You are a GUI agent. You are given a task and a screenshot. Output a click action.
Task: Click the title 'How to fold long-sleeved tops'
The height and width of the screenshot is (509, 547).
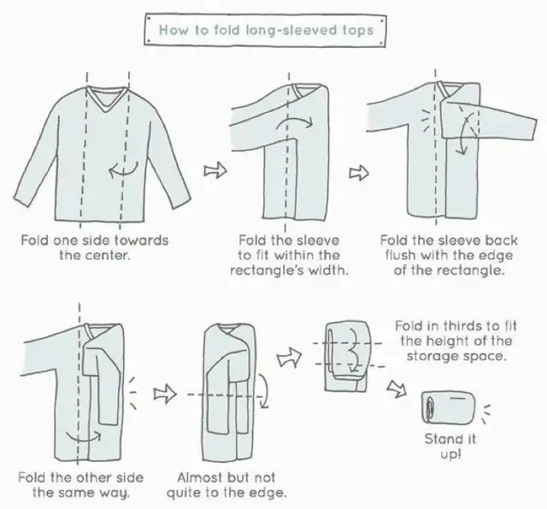tap(266, 30)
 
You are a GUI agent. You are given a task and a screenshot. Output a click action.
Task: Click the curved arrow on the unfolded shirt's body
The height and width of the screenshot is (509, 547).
tap(123, 170)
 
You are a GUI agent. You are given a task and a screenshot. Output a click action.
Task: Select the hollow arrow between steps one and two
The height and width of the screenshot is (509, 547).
tap(215, 170)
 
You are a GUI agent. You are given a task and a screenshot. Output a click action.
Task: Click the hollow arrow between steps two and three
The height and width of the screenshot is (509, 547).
tap(359, 173)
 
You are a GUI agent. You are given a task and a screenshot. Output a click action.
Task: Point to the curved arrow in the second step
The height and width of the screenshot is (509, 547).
tap(295, 122)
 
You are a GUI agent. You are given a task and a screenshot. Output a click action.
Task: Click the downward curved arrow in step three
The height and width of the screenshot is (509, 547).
tap(465, 133)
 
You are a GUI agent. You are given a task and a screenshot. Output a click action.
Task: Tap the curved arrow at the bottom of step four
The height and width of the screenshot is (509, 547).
tap(84, 436)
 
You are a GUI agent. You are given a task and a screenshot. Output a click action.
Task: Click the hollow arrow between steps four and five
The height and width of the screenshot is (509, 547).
tap(165, 394)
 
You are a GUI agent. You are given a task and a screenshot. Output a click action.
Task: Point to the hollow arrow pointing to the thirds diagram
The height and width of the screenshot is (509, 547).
tap(289, 357)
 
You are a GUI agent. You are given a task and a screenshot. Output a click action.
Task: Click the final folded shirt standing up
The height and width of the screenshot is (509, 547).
tap(448, 408)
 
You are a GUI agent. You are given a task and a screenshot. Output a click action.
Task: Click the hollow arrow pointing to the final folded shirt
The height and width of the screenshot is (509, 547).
tap(397, 388)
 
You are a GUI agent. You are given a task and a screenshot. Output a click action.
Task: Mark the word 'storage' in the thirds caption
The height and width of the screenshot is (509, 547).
tap(431, 357)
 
